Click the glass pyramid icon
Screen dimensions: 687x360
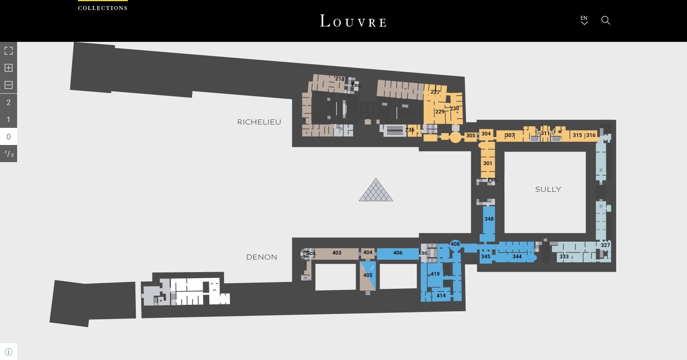[x=376, y=190]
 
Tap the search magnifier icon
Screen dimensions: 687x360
[x=606, y=20]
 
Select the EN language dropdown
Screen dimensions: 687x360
[x=584, y=20]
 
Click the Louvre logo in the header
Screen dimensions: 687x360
[x=353, y=21]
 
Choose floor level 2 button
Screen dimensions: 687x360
[x=8, y=102]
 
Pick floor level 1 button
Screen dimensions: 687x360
[x=8, y=119]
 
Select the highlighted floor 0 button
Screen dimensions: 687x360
[x=8, y=137]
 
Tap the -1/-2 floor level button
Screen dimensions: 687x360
[x=8, y=154]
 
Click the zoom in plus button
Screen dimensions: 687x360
[x=8, y=68]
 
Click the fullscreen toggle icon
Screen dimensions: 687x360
[x=8, y=51]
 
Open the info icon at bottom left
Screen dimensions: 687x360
[x=8, y=352]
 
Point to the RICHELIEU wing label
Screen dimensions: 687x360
[x=259, y=122]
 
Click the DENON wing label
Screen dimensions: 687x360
[x=262, y=257]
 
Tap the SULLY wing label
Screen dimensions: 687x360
[x=548, y=190]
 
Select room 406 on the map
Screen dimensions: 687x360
[x=398, y=253]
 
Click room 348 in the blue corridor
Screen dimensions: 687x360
[x=489, y=219]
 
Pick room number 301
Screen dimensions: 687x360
[x=488, y=163]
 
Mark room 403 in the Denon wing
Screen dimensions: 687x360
[x=337, y=253]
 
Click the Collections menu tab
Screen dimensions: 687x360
[x=103, y=8]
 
